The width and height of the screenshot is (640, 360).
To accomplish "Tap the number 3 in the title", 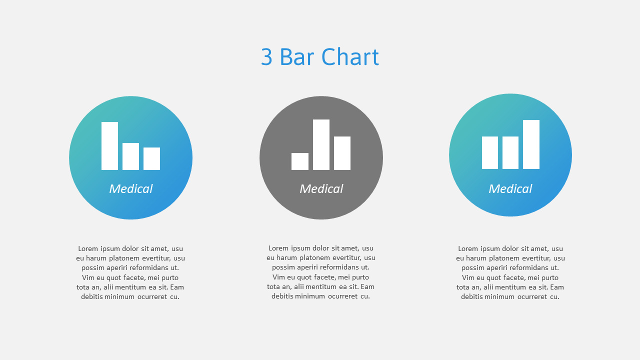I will (266, 57).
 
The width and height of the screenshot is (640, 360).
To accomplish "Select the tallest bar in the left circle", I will (109, 146).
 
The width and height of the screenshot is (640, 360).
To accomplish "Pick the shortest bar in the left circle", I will (151, 158).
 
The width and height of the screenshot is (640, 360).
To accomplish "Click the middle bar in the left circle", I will (130, 156).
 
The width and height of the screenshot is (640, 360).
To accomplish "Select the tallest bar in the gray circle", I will (321, 144).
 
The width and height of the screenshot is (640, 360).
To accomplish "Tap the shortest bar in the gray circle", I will (300, 161).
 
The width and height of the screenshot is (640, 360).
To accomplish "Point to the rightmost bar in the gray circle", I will (342, 153).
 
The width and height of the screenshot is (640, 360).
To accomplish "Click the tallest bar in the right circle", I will (531, 144).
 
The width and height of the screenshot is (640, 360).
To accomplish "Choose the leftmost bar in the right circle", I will (490, 152).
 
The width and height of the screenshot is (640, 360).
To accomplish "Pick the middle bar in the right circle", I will (510, 152).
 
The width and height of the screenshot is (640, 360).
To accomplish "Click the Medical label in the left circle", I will (130, 189).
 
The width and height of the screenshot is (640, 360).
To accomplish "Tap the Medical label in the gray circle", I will (321, 189).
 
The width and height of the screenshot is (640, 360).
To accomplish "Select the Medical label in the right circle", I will (510, 189).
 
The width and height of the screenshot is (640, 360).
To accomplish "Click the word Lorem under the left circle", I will (88, 248).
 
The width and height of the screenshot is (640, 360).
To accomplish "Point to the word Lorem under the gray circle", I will (278, 248).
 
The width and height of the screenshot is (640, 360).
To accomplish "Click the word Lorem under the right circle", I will (468, 248).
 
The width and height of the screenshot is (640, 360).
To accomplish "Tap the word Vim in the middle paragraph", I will (278, 277).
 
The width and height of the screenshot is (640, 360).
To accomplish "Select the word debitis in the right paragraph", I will (472, 296).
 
